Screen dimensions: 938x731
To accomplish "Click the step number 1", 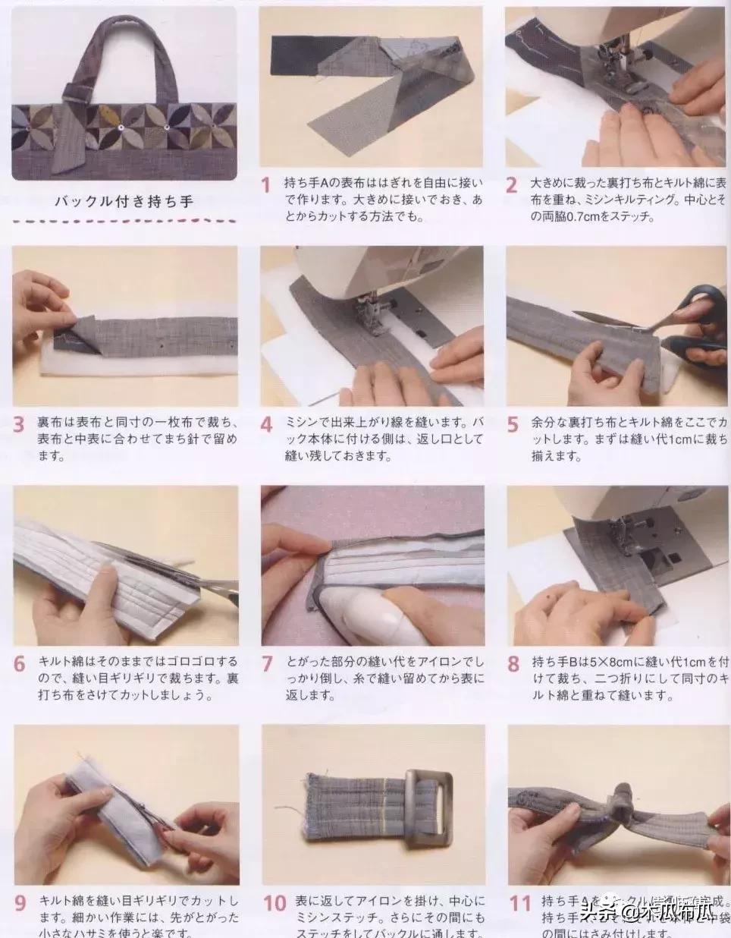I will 265,185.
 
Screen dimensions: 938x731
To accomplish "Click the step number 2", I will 512,185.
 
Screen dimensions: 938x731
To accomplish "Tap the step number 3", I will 19,423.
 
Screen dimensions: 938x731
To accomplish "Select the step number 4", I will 266,423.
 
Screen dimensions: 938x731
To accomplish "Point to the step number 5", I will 513,423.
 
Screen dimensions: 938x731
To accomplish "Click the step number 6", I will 19,663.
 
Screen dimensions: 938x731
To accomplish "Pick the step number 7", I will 266,663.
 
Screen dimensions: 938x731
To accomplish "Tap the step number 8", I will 513,663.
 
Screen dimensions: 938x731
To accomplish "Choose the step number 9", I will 20,903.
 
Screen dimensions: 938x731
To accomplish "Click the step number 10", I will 274,903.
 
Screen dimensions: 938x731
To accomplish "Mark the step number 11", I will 519,903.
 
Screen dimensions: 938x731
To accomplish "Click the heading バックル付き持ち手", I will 124,202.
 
